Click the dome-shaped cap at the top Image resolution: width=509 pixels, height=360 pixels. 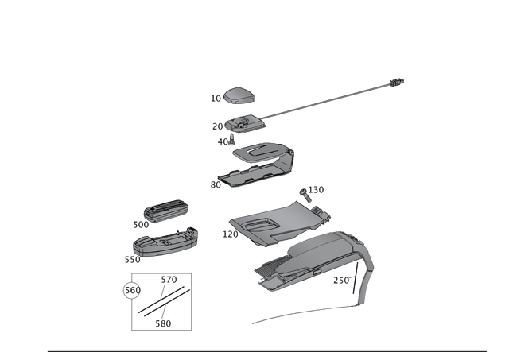tap(237, 96)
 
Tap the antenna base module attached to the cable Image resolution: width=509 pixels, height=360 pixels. tap(242, 123)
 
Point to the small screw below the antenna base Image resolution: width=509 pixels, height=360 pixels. tap(230, 140)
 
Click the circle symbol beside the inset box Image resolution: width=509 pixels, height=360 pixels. tap(125, 290)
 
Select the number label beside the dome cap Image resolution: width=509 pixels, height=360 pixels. tap(214, 99)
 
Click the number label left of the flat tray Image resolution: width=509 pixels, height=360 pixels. tap(214, 184)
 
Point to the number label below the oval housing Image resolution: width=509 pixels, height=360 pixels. tap(131, 260)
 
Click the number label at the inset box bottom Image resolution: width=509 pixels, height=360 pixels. tap(162, 323)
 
